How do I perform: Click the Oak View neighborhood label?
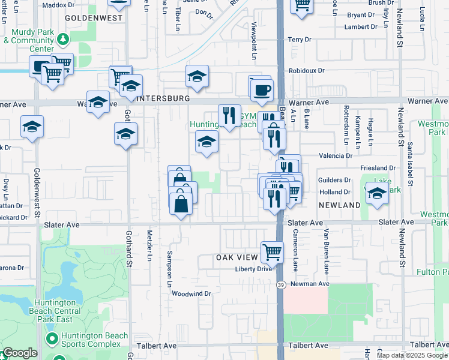click(237, 257)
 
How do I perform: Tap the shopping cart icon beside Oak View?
click(272, 251)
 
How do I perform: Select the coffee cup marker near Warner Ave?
click(261, 90)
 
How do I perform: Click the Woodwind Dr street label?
click(191, 293)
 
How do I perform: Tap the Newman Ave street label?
click(310, 283)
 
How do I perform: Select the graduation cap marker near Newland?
click(377, 194)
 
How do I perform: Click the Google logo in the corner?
click(20, 353)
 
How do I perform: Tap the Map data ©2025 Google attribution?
click(412, 355)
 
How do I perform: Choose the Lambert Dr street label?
click(360, 28)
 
